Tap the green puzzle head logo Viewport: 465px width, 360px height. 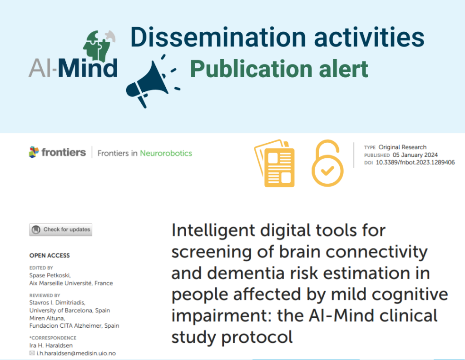tap(98, 46)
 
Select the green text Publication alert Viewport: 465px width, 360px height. tap(279, 69)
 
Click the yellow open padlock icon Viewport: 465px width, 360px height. tap(327, 163)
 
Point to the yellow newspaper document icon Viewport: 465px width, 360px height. tap(275, 163)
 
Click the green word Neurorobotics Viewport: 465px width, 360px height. tap(166, 153)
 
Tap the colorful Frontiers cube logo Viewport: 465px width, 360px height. tap(34, 152)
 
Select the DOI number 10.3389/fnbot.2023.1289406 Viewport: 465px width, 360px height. tap(415, 162)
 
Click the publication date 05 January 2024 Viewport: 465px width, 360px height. tap(415, 155)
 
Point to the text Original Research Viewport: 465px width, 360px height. tap(402, 147)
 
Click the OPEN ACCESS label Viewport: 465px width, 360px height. tap(49, 255)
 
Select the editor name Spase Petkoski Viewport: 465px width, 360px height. tap(50, 275)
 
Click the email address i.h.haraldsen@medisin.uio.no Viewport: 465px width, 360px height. tap(76, 353)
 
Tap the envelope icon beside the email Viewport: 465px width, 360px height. tap(32, 353)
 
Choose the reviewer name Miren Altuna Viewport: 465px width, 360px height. tap(47, 318)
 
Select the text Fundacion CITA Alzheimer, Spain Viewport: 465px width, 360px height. tap(74, 325)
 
